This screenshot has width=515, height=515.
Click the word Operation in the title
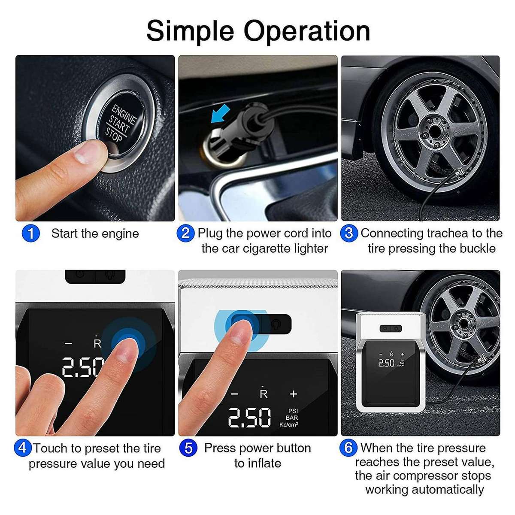pyautogui.click(x=307, y=31)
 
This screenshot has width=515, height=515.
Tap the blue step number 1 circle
pyautogui.click(x=30, y=234)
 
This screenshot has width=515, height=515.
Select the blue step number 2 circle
pyautogui.click(x=185, y=233)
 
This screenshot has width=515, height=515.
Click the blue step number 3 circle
pyautogui.click(x=349, y=233)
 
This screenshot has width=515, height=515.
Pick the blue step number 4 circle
pyautogui.click(x=23, y=448)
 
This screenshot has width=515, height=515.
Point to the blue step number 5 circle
pyautogui.click(x=188, y=448)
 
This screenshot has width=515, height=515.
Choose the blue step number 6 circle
pyautogui.click(x=348, y=448)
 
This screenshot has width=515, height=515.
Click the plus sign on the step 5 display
pyautogui.click(x=294, y=394)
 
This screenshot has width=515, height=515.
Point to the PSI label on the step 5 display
pyautogui.click(x=293, y=411)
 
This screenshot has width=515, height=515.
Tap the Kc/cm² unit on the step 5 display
pyautogui.click(x=288, y=425)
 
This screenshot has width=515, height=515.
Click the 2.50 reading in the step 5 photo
pyautogui.click(x=249, y=418)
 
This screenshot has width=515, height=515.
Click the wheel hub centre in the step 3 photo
pyautogui.click(x=434, y=128)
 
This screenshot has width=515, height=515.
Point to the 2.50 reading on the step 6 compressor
pyautogui.click(x=386, y=363)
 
